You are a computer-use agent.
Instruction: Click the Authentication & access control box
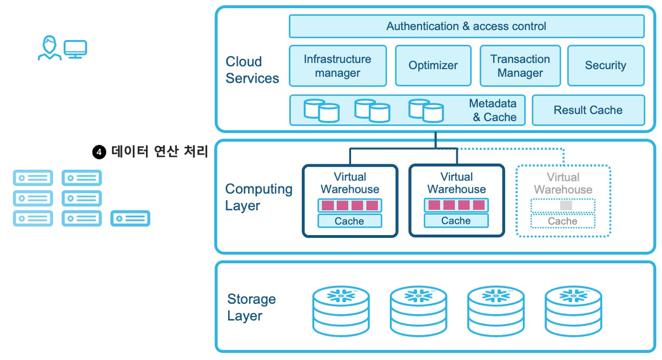466,26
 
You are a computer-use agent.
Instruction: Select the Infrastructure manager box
337,66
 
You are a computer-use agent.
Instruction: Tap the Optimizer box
433,65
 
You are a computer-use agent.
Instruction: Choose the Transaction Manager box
520,66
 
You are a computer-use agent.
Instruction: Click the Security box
605,65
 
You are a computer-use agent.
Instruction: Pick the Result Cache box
588,110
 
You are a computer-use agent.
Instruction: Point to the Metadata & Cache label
493,110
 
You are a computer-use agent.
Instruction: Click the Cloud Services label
252,70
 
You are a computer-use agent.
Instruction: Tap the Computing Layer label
259,197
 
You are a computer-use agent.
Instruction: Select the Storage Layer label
251,308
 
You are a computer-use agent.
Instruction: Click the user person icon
49,48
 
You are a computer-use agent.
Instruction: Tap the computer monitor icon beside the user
76,49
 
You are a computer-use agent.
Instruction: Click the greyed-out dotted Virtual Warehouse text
562,183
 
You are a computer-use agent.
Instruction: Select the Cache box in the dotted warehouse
562,221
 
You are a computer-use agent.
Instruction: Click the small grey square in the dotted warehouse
566,205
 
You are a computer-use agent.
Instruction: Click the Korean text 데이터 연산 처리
160,152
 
